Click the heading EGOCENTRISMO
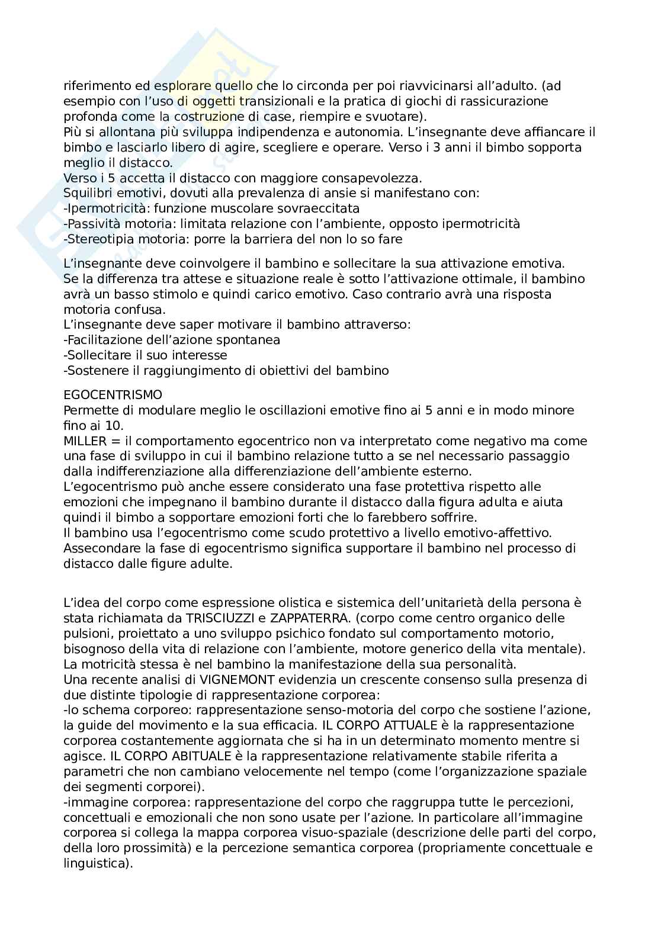coord(113,394)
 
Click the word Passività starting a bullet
coord(94,224)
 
